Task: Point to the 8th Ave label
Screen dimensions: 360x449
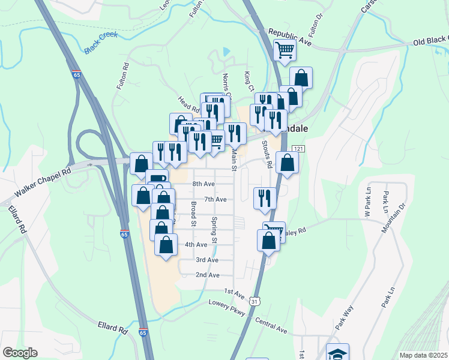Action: click(203, 184)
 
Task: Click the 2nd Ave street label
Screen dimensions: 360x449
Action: click(207, 275)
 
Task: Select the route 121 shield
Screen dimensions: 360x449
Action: click(298, 148)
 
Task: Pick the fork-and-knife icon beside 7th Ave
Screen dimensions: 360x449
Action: click(265, 197)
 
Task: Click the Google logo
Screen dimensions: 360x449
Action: click(20, 353)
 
